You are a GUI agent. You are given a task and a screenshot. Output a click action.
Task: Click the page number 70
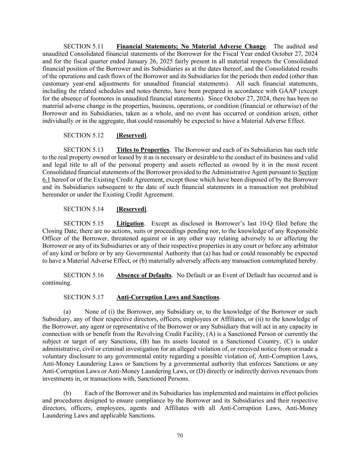point(180,436)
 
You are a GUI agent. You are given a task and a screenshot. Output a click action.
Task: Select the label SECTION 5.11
point(83,46)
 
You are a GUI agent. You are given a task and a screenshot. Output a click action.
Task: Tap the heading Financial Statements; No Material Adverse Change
point(191,46)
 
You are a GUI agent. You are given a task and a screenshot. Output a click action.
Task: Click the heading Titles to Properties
point(143,150)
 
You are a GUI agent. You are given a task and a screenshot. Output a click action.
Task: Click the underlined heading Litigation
point(130,224)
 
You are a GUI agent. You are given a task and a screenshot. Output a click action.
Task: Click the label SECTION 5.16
point(83,276)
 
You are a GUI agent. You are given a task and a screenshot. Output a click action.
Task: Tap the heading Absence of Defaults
point(144,276)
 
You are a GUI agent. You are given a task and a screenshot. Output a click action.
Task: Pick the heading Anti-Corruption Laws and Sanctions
point(168,297)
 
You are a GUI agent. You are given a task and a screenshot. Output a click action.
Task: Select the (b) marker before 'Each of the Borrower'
point(67,393)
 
